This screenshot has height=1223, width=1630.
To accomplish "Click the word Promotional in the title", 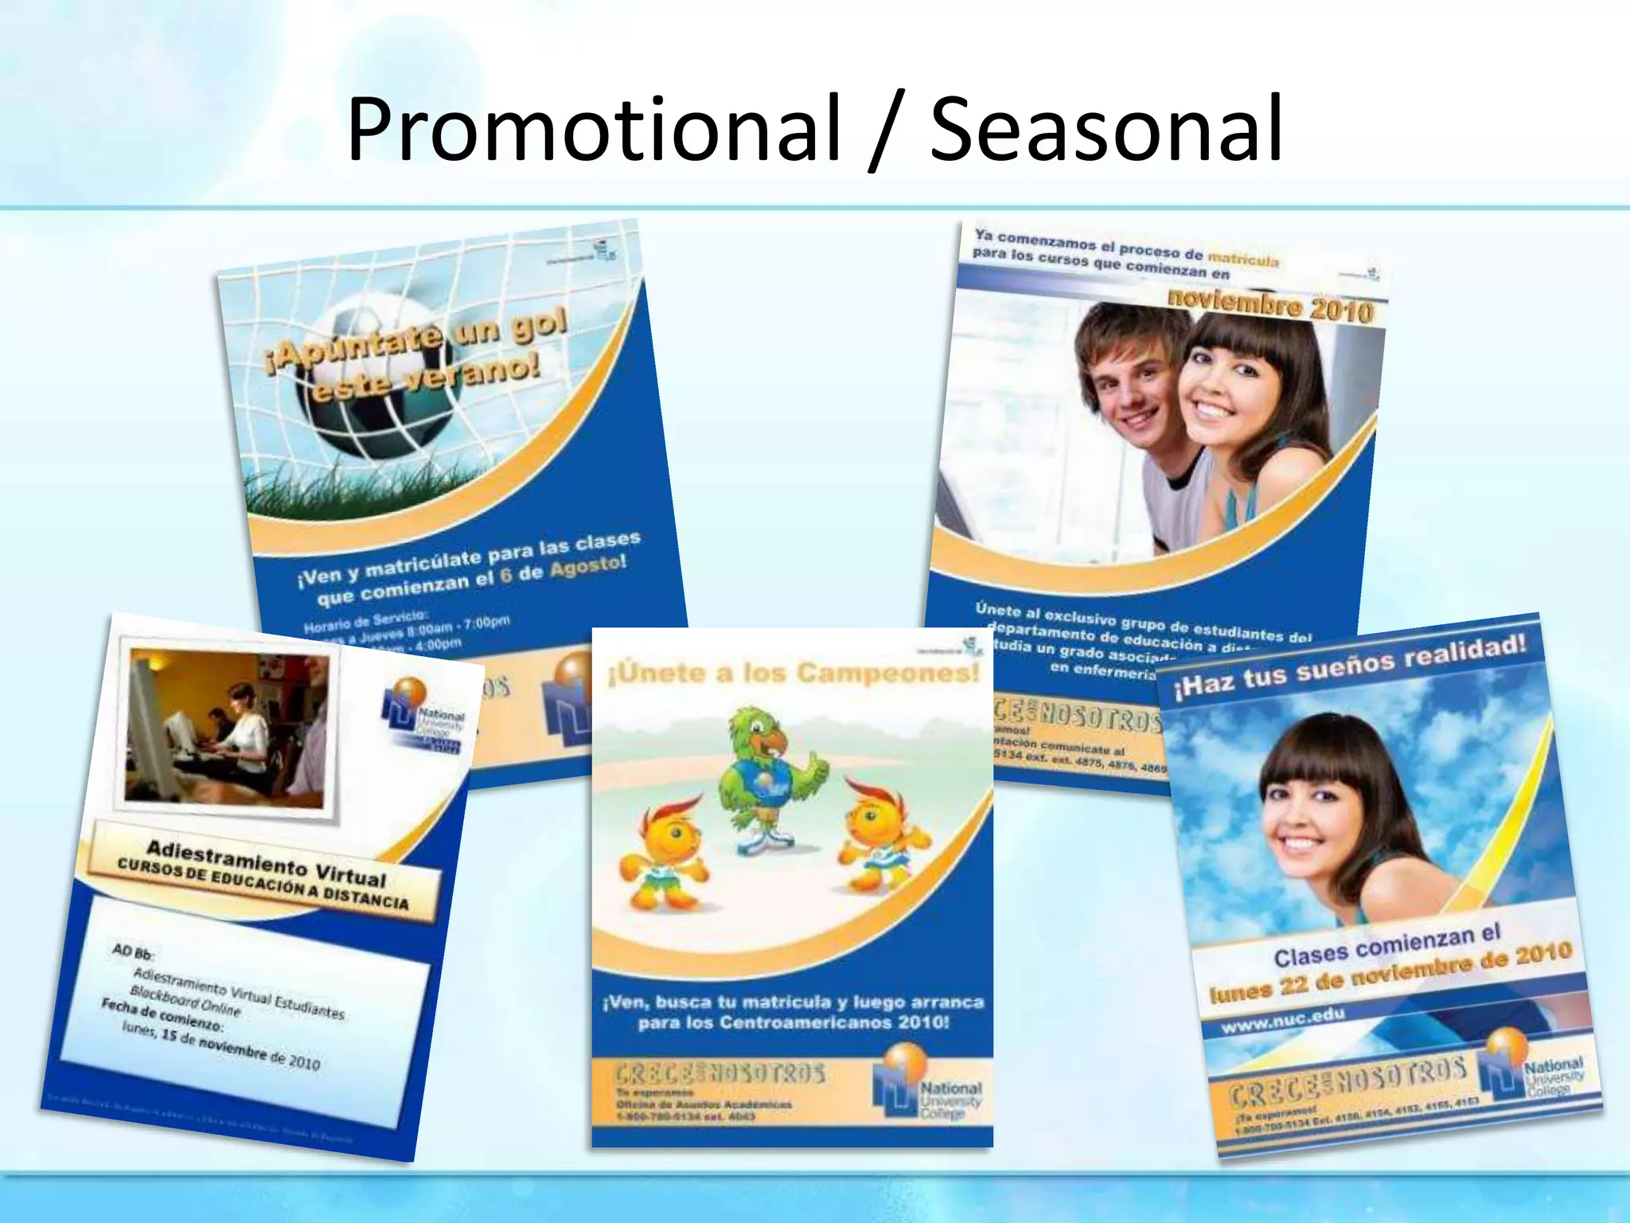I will [x=593, y=129].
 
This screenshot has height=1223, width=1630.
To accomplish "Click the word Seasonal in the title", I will [x=1106, y=129].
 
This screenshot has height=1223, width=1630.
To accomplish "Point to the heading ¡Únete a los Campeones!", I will [x=792, y=674].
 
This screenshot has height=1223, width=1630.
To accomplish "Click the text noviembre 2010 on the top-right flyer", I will [x=1270, y=306].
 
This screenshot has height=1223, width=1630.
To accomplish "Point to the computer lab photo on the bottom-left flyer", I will [x=227, y=729].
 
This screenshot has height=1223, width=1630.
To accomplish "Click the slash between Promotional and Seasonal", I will [x=885, y=132].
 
